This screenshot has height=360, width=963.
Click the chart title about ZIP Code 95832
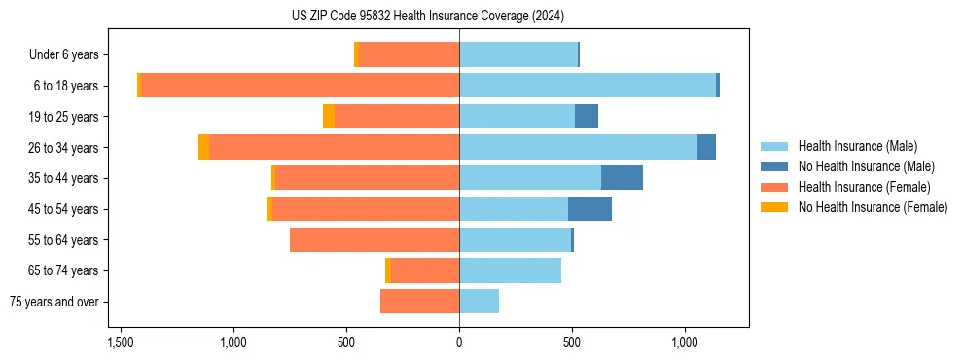pyautogui.click(x=427, y=16)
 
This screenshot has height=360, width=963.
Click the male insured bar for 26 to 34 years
pyautogui.click(x=578, y=147)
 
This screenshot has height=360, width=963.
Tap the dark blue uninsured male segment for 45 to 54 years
pyautogui.click(x=589, y=208)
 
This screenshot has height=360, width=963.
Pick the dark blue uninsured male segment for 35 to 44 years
pyautogui.click(x=622, y=178)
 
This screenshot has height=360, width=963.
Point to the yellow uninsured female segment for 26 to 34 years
pyautogui.click(x=203, y=147)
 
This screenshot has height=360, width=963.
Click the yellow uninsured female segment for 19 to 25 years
pyautogui.click(x=329, y=117)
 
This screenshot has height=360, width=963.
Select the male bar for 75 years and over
pyautogui.click(x=479, y=302)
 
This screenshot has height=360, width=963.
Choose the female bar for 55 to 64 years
pyautogui.click(x=374, y=239)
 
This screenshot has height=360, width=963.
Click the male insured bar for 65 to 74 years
pyautogui.click(x=510, y=270)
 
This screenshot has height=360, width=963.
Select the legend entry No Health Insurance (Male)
pyautogui.click(x=866, y=166)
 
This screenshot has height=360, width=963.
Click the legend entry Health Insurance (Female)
pyautogui.click(x=864, y=187)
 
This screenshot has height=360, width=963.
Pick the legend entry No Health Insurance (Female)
pyautogui.click(x=873, y=207)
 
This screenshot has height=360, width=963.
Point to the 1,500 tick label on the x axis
pyautogui.click(x=121, y=343)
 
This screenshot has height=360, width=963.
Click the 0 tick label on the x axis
pyautogui.click(x=459, y=343)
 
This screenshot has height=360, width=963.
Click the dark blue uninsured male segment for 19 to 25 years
pyautogui.click(x=587, y=117)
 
